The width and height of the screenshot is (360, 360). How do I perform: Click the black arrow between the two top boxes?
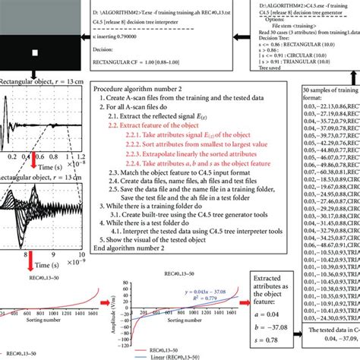pyautogui.click(x=238, y=34)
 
